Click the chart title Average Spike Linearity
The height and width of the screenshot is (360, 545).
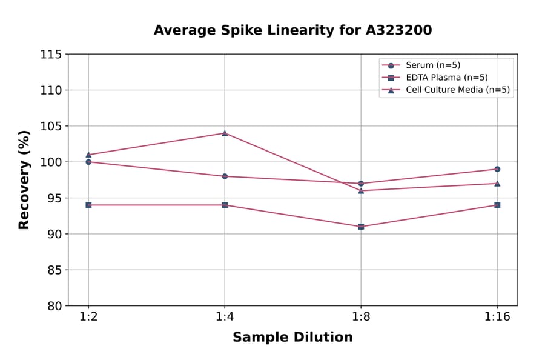coord(292,30)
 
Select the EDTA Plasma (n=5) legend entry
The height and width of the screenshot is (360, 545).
coord(446,78)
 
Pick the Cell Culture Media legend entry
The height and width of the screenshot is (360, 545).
coord(457,90)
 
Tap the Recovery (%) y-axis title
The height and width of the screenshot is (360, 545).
coord(24,180)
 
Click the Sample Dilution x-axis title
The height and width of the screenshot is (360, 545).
coord(292,338)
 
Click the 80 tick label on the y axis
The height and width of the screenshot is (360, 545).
coord(54,306)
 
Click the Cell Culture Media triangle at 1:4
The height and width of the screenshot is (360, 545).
coord(225,133)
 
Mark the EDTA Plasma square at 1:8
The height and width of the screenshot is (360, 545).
coord(361,227)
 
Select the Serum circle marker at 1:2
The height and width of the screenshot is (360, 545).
coord(88,162)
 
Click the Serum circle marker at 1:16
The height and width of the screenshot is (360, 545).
coord(497,169)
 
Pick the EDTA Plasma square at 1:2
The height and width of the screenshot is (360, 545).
coord(88,205)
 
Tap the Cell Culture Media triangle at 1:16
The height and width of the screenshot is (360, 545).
coord(497,183)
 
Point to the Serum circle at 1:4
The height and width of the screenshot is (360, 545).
coord(225,176)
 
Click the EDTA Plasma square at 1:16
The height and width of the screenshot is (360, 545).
coord(497,205)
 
